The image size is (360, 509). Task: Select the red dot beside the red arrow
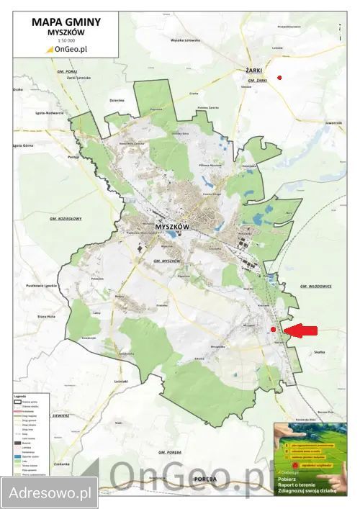(x=274, y=330)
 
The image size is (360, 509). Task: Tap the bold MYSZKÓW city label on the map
(x=171, y=227)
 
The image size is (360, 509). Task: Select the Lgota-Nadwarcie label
(x=49, y=114)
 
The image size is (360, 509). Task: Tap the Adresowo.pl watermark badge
(x=49, y=493)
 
